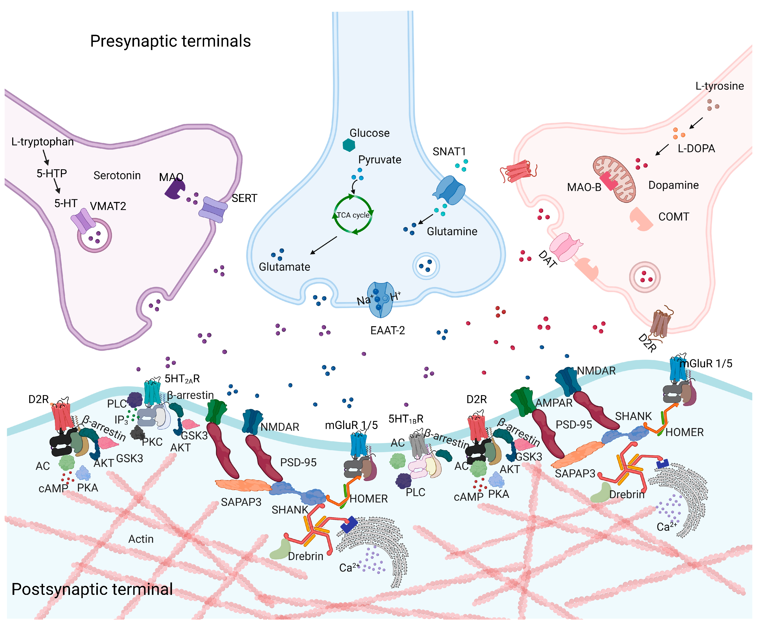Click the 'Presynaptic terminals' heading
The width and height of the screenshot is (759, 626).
[170, 41]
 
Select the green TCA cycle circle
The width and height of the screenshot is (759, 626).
[353, 215]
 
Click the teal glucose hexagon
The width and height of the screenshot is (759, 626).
[349, 145]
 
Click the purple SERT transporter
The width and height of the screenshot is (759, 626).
[213, 210]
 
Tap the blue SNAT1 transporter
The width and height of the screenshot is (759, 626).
[450, 190]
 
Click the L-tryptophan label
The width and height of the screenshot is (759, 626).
[42, 142]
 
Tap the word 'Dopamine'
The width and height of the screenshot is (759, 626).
[673, 185]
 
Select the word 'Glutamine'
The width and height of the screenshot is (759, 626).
[452, 231]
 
